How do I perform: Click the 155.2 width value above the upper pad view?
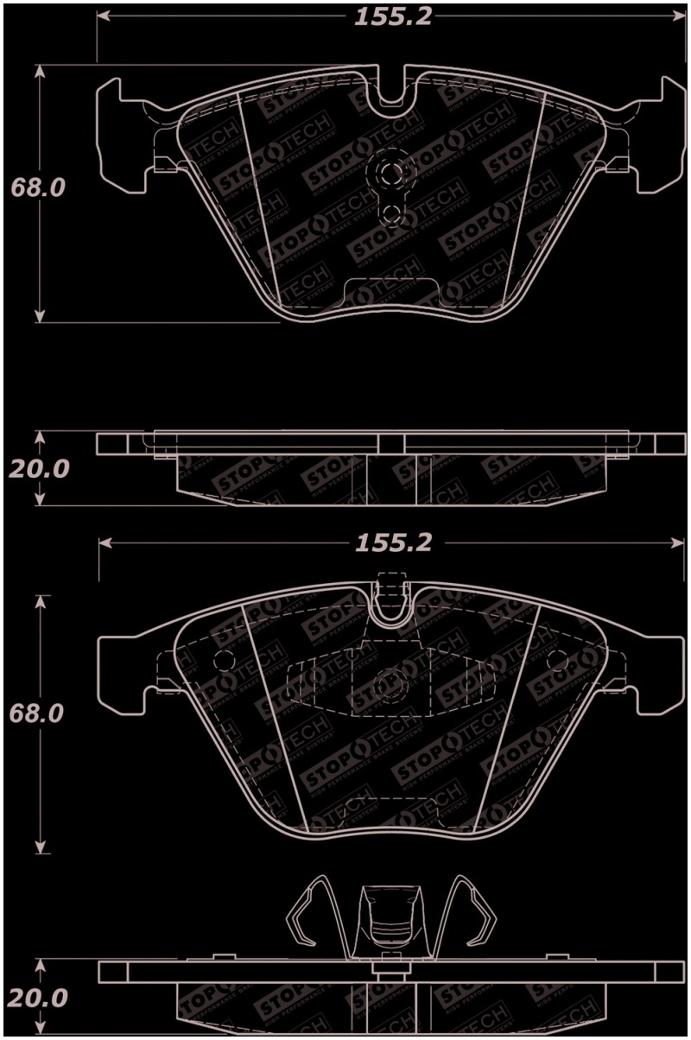click(392, 17)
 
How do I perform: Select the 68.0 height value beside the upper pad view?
click(37, 187)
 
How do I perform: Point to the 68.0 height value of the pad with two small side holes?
click(37, 715)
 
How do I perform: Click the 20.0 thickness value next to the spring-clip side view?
click(37, 999)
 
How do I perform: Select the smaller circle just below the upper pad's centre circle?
click(391, 212)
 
